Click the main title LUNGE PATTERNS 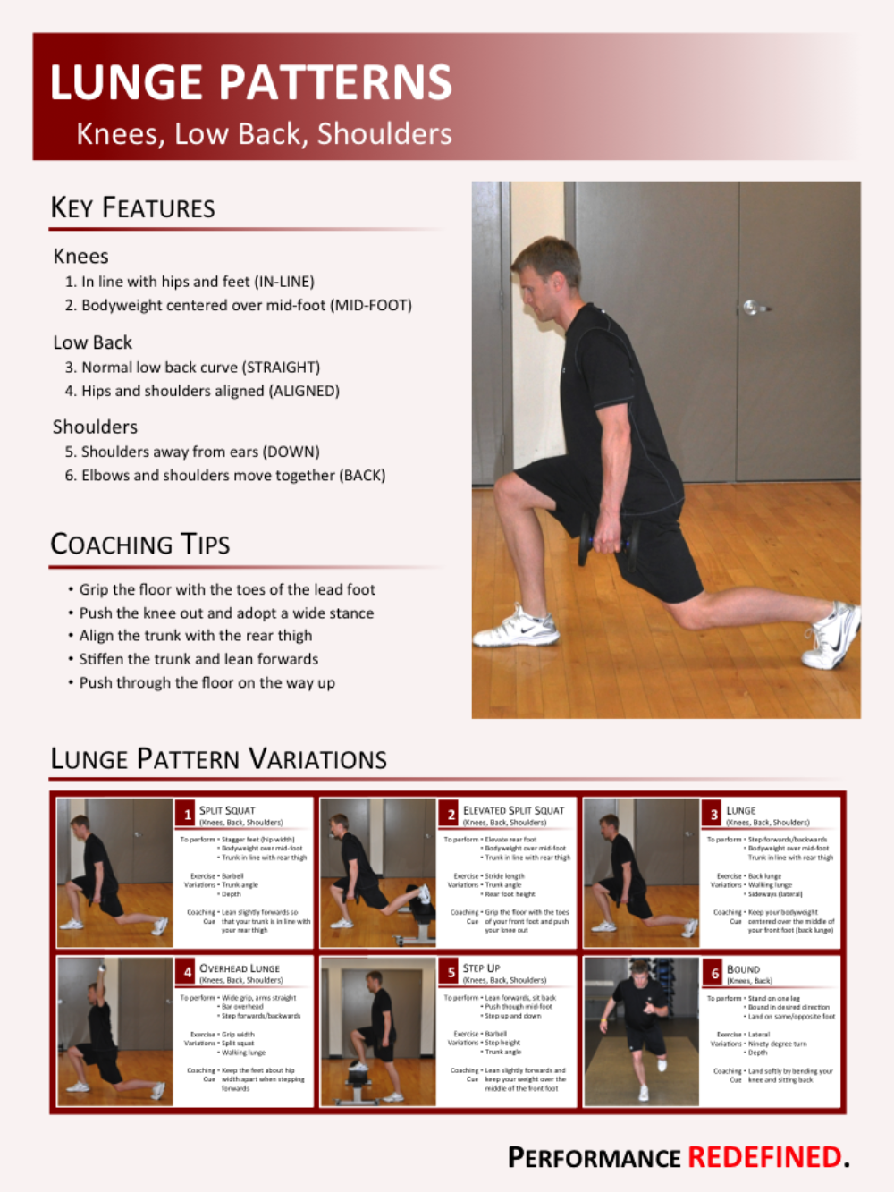click(250, 82)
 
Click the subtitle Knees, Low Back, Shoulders click(264, 133)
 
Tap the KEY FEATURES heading click(132, 207)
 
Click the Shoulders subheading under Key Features click(95, 427)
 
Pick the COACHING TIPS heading click(139, 544)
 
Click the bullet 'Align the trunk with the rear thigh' click(195, 636)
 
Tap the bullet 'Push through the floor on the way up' click(207, 682)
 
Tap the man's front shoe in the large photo click(517, 628)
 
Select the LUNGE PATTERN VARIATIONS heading click(218, 759)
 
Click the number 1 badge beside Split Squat click(187, 814)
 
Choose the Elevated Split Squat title click(513, 810)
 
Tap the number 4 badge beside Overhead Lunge click(187, 972)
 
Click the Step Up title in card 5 click(481, 968)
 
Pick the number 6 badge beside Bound click(714, 973)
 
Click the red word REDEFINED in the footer click(764, 1157)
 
